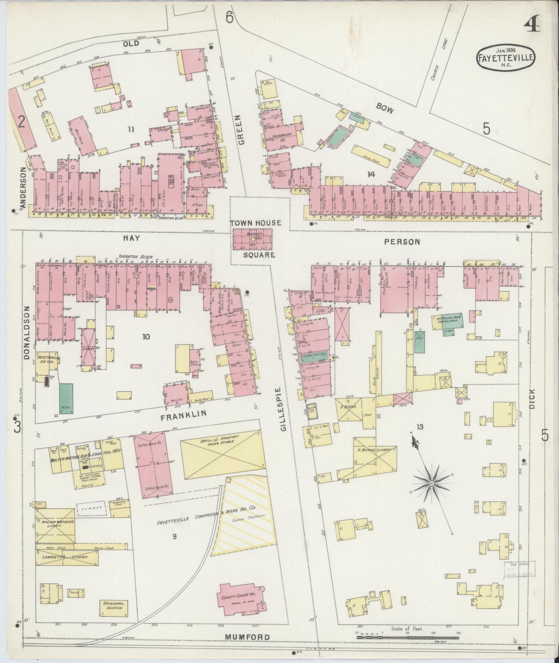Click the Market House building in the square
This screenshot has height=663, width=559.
tap(252, 239)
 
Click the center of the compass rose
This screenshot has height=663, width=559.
tap(432, 483)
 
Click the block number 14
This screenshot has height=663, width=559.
tap(371, 175)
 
